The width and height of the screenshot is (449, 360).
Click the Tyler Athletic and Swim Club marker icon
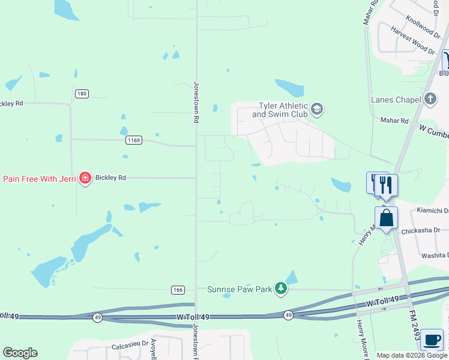318,109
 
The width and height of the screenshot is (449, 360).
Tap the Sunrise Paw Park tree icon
280,289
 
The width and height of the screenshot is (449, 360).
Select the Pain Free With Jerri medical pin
85,178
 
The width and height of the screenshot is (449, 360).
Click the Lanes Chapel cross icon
429,99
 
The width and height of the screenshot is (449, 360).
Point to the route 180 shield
82,93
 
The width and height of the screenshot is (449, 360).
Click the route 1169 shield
134,140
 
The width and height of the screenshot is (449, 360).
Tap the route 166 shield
177,290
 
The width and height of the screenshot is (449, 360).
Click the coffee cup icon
432,339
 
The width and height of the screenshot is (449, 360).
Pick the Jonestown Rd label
196,103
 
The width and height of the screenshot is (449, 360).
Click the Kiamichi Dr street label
432,211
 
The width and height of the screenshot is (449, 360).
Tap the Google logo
20,353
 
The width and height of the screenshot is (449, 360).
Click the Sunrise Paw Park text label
240,289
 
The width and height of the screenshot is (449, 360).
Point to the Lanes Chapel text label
396,100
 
